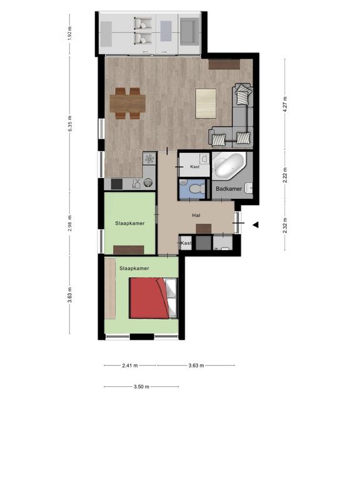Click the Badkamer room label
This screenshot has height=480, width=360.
click(x=229, y=189)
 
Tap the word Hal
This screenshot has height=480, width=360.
click(x=196, y=216)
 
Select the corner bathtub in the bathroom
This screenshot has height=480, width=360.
click(x=229, y=165)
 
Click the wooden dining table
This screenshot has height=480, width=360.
click(x=127, y=104)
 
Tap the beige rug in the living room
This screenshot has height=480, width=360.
click(x=206, y=104)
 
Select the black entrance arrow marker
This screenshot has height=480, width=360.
click(x=256, y=225)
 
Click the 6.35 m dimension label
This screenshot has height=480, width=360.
click(x=70, y=124)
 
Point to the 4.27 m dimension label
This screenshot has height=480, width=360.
click(x=285, y=104)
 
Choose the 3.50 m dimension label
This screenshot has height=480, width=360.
click(x=141, y=387)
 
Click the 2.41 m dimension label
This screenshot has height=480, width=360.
click(x=130, y=366)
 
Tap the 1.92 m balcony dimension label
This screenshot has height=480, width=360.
click(x=70, y=33)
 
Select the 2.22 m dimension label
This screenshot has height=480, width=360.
click(x=285, y=175)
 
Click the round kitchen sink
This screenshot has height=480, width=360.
click(x=148, y=182)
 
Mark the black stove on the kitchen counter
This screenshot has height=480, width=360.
click(x=117, y=184)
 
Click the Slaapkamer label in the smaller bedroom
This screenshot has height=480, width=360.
click(x=130, y=224)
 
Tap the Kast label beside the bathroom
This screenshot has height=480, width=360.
click(x=195, y=167)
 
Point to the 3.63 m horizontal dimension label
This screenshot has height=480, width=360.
click(x=196, y=366)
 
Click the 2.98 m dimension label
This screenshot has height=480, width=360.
click(x=70, y=223)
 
